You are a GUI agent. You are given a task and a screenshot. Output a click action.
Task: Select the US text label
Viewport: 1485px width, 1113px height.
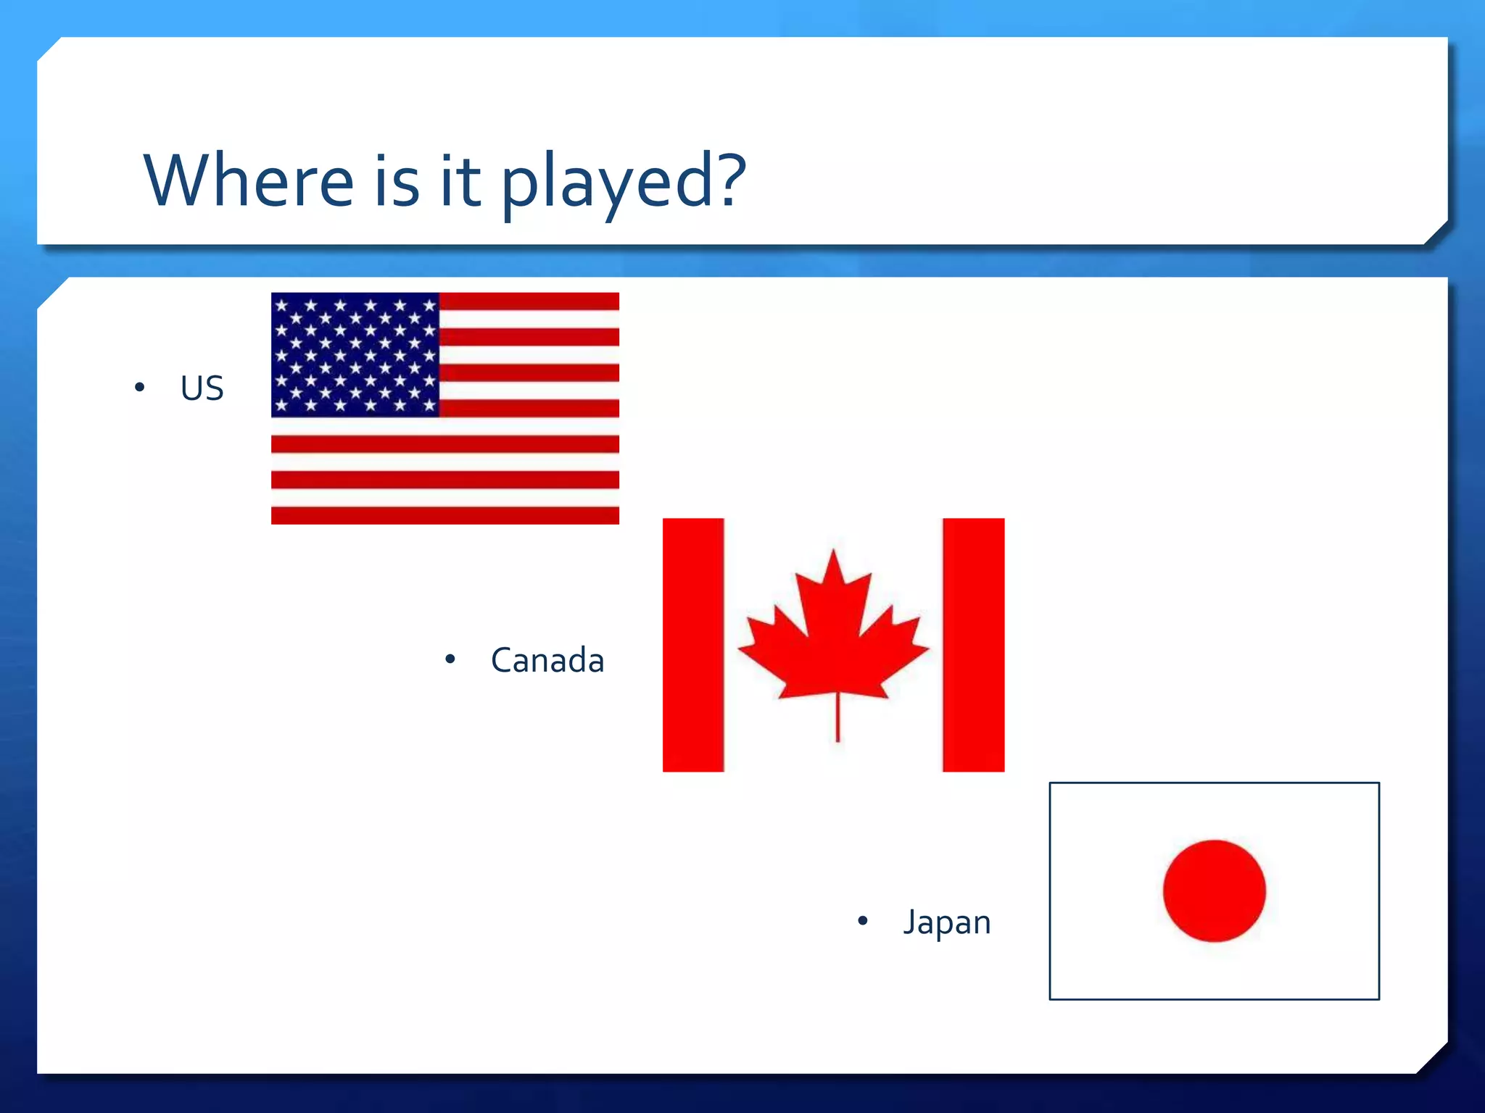click(202, 388)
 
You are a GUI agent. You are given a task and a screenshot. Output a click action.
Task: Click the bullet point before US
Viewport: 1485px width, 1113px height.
click(140, 388)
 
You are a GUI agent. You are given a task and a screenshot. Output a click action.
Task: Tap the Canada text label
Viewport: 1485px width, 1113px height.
click(547, 660)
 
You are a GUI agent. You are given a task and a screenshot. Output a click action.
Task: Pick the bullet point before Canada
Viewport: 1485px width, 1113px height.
click(450, 659)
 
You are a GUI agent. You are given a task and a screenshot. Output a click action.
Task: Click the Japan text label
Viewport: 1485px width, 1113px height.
click(946, 922)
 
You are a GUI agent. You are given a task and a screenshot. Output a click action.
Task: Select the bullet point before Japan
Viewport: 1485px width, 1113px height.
click(862, 921)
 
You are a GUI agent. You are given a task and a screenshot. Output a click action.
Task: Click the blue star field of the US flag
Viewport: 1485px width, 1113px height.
click(355, 354)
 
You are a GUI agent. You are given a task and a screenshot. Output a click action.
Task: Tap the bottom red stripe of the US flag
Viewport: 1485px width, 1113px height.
click(444, 515)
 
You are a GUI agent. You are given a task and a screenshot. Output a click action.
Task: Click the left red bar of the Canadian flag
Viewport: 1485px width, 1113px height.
click(693, 644)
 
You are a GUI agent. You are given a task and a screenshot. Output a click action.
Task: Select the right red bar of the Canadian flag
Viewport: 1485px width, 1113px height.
click(973, 644)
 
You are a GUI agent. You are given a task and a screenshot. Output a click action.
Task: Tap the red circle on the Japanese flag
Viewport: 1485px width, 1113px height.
click(1214, 891)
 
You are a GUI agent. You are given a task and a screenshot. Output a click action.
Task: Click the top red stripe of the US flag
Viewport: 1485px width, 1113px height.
click(529, 301)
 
